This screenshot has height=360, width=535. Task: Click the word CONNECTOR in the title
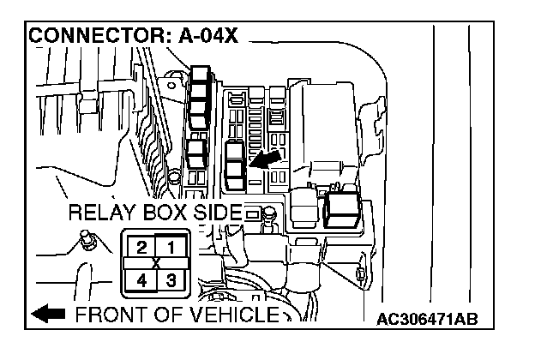82,37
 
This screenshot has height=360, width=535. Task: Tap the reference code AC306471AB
426,320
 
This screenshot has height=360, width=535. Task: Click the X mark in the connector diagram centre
155,262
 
